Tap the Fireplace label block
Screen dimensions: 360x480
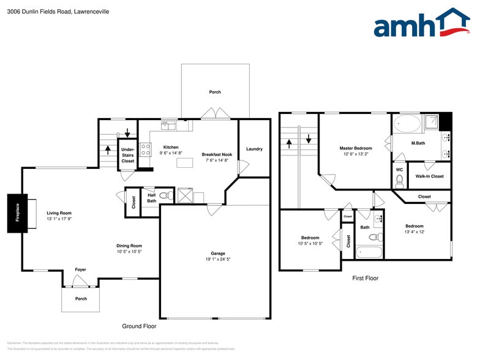click(x=17, y=213)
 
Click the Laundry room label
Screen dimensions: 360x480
click(x=254, y=149)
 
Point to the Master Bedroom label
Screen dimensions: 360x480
click(x=356, y=148)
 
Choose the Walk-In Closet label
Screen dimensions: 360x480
click(x=429, y=176)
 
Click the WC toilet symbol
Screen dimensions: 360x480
click(x=399, y=180)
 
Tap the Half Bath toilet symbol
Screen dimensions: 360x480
click(x=165, y=196)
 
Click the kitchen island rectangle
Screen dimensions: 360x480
click(x=184, y=162)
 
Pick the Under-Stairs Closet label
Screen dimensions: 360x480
click(x=127, y=155)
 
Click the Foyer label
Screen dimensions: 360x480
click(x=80, y=269)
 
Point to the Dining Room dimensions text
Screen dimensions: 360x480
click(x=129, y=252)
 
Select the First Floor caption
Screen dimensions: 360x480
click(x=365, y=279)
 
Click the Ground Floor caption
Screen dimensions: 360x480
click(x=139, y=326)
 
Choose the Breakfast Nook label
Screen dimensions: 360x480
click(x=217, y=154)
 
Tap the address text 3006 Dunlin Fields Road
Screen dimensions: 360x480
click(x=49, y=11)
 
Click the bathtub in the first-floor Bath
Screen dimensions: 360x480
click(x=368, y=252)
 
